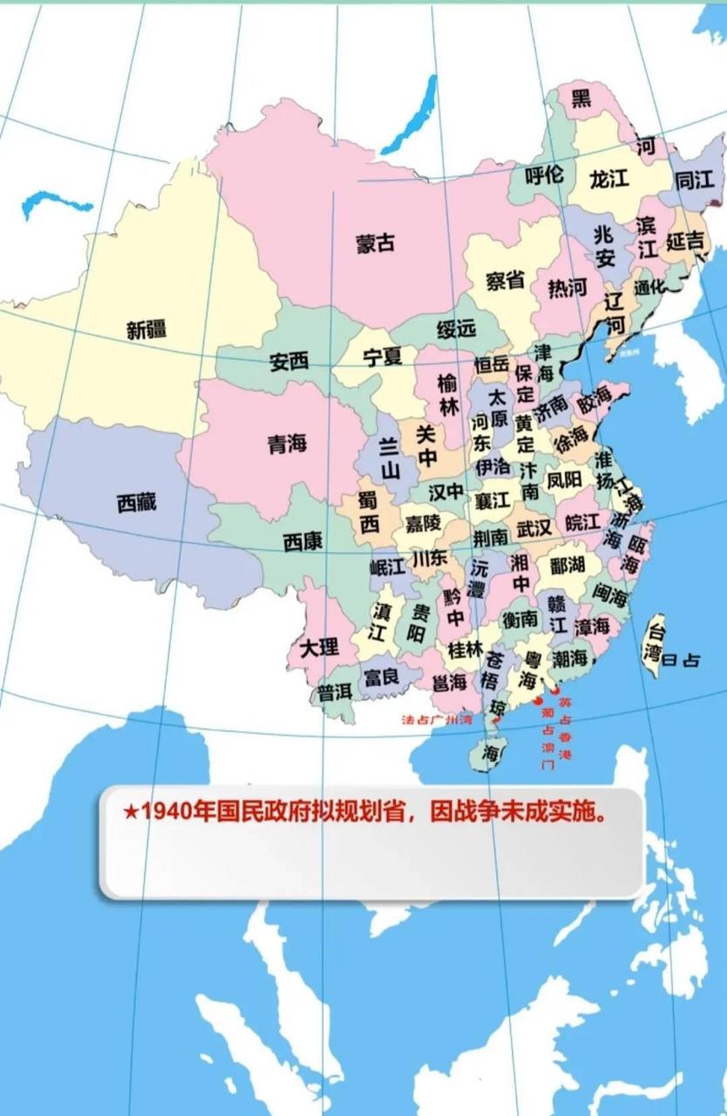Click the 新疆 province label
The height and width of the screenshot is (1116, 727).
pos(146,330)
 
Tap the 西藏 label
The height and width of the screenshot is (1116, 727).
pos(136,502)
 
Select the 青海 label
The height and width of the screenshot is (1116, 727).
pos(287,444)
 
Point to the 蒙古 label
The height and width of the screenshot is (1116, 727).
pos(375,244)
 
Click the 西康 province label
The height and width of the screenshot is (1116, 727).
pos(302,541)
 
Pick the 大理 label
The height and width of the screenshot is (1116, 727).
pos(319,648)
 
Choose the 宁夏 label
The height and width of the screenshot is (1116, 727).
pos(382,357)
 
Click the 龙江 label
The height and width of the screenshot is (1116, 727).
pos(609,180)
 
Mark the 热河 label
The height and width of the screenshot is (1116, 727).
pos(567,287)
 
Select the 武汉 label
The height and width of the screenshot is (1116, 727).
pos(533,529)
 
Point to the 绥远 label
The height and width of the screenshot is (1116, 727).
pos(457,329)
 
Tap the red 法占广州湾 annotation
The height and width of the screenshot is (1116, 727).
pos(436,720)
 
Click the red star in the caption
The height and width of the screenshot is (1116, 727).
pos(130,813)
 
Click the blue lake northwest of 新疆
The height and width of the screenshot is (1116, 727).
pos(56,203)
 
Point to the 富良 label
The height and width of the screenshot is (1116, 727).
pos(381,677)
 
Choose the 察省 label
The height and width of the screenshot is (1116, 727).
pos(505,280)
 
